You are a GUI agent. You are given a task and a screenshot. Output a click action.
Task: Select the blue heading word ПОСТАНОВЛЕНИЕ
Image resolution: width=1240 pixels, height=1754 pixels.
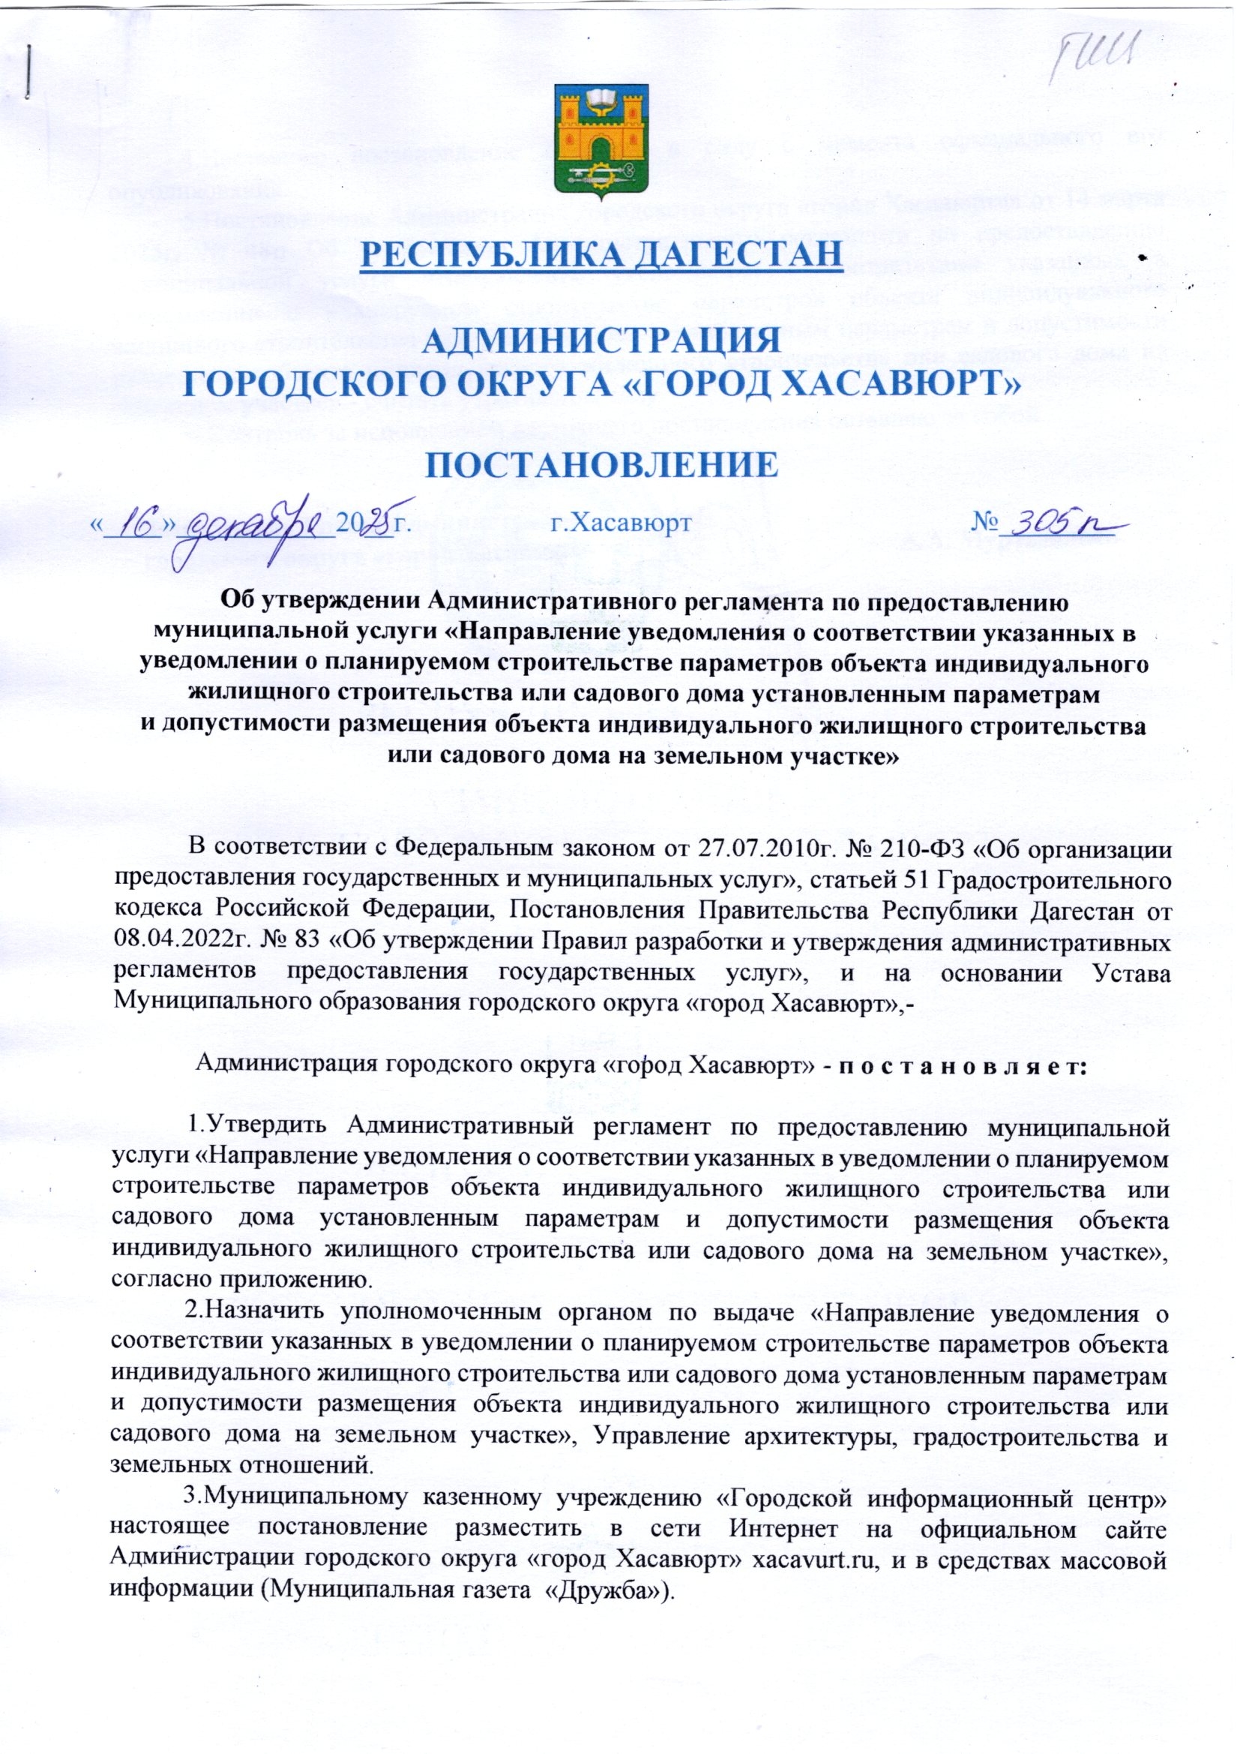coord(601,464)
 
